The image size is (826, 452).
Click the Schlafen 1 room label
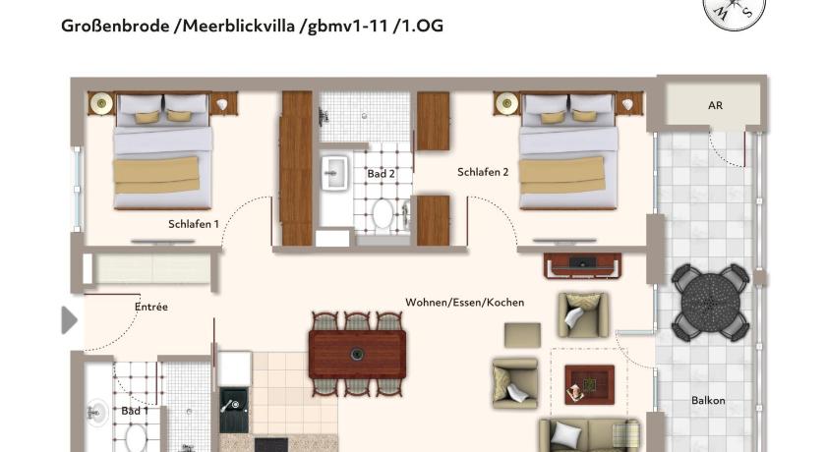(194, 224)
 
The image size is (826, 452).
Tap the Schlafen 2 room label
(483, 172)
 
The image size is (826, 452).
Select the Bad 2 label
(381, 174)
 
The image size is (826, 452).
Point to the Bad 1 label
(135, 411)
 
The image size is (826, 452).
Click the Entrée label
(151, 307)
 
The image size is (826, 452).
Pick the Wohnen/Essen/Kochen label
(464, 303)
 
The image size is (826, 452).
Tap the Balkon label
(708, 401)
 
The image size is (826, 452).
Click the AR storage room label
(715, 106)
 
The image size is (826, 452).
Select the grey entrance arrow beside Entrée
(69, 320)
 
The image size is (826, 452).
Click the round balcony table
(711, 303)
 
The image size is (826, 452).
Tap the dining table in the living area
(357, 354)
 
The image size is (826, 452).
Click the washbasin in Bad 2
(334, 172)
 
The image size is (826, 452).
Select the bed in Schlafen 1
(162, 150)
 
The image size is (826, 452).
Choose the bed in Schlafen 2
(568, 150)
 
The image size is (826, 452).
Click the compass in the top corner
(734, 12)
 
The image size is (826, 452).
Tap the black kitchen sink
(234, 410)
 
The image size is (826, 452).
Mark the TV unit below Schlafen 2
(582, 265)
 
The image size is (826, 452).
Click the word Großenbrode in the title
(115, 26)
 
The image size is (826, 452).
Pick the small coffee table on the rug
(589, 384)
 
